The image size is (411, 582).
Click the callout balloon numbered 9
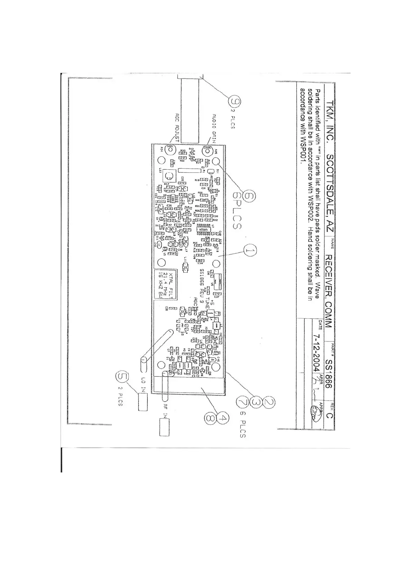pos(236,102)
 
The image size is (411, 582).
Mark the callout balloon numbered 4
pos(223,418)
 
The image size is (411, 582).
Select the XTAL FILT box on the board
pos(167,284)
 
